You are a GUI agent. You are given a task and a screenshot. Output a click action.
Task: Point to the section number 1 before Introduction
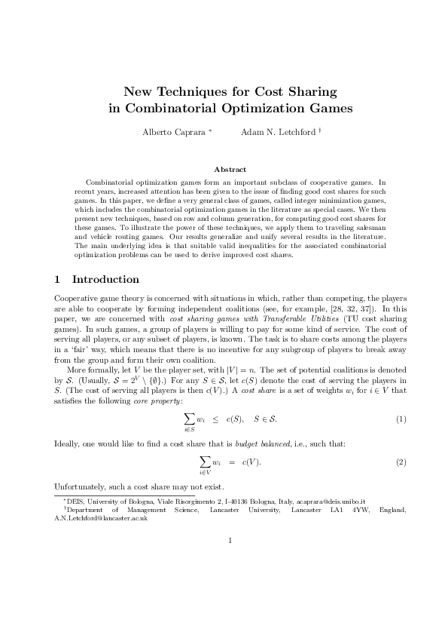pyautogui.click(x=59, y=280)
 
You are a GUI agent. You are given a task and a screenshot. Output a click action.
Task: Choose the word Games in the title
pyautogui.click(x=328, y=109)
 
